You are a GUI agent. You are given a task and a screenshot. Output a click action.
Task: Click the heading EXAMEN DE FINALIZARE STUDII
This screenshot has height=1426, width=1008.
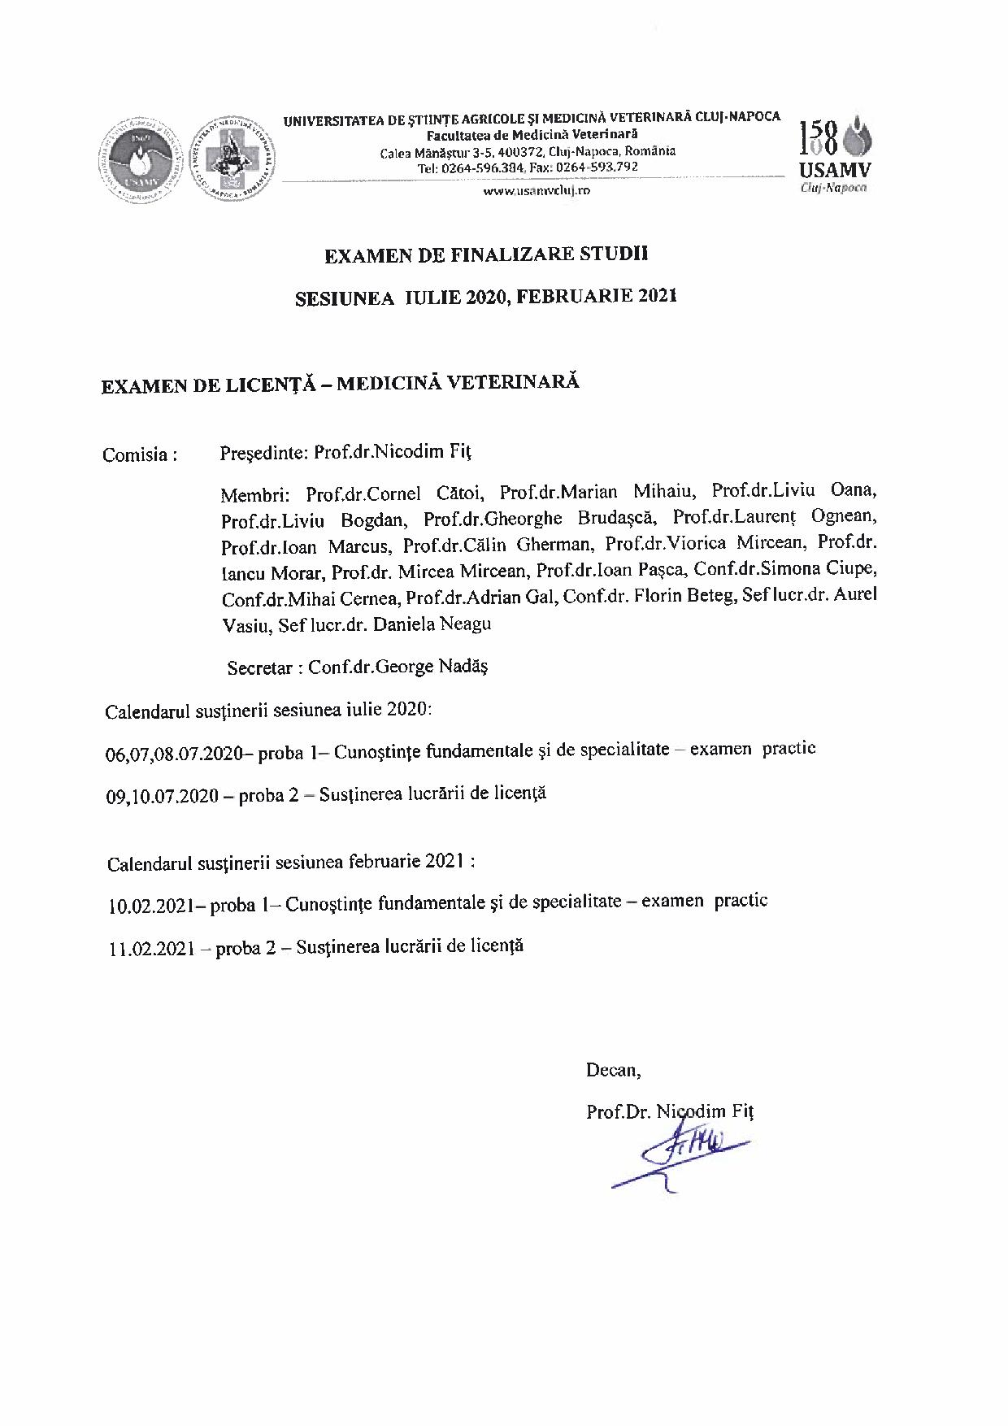click(486, 254)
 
